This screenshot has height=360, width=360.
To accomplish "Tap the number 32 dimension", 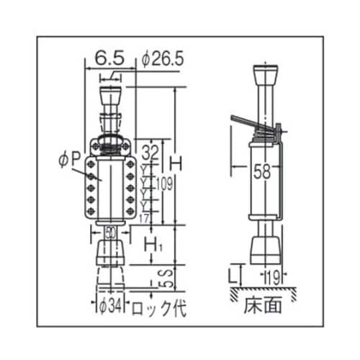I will pos(150,153).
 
